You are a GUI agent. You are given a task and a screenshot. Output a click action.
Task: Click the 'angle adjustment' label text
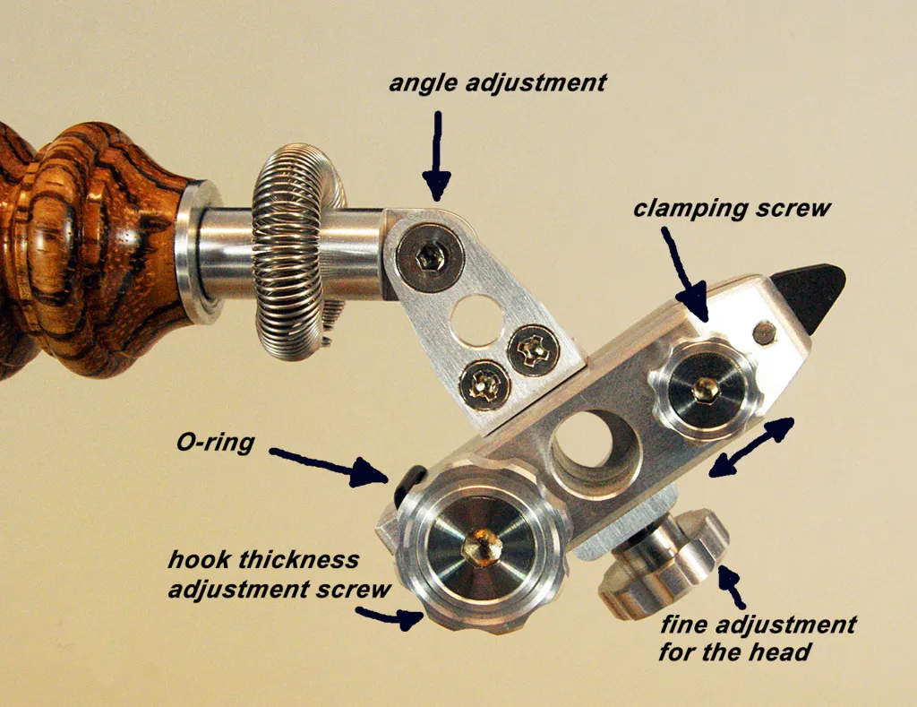498,83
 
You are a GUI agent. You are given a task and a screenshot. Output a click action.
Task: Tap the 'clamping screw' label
732,209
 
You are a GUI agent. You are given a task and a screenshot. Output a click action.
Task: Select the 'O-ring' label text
215,443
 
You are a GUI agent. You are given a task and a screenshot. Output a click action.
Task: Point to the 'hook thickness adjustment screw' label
279,574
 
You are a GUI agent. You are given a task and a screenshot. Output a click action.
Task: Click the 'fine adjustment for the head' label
758,638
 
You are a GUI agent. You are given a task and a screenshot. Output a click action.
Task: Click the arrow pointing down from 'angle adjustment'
437,156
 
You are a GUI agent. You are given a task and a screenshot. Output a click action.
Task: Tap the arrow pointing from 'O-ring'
330,467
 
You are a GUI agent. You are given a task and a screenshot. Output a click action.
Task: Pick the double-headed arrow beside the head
751,447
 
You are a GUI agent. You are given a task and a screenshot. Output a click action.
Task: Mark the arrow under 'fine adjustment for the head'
731,586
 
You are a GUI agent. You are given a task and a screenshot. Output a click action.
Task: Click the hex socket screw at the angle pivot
430,256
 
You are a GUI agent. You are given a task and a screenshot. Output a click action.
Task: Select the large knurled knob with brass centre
481,547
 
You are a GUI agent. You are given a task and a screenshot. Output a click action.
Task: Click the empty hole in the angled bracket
477,320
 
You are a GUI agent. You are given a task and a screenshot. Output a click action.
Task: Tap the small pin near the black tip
764,333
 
